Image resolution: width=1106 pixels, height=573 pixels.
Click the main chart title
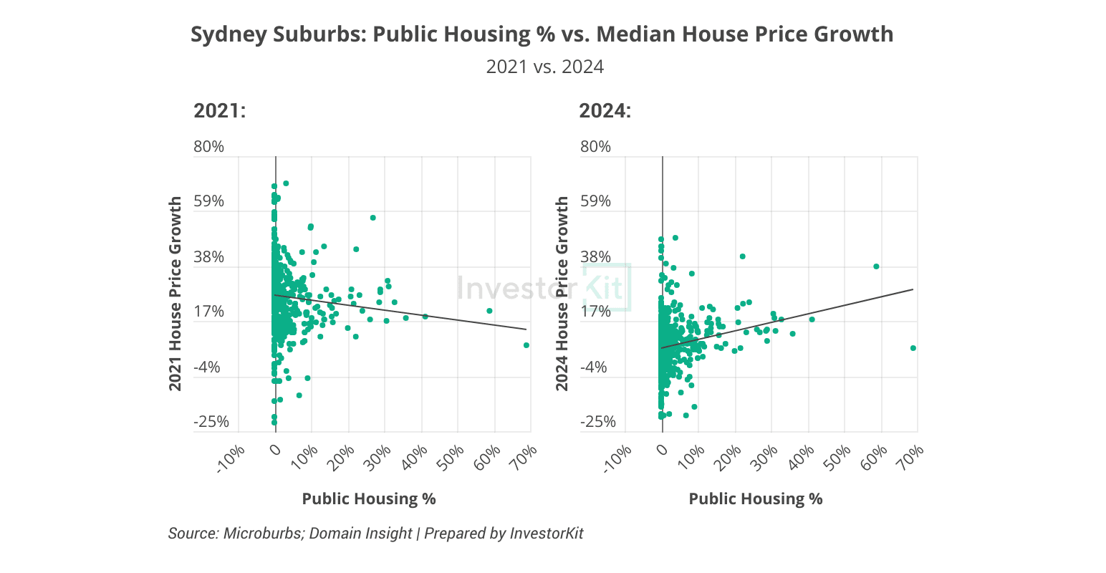[542, 34]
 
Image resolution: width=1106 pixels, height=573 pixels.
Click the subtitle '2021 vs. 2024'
[544, 67]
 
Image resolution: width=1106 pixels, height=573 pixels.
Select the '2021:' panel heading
[219, 112]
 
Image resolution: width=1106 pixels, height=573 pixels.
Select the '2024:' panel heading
[605, 112]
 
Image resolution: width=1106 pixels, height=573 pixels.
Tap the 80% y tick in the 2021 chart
[208, 147]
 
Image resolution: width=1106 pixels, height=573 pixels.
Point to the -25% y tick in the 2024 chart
[598, 422]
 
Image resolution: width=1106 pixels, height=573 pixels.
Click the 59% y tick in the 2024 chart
[595, 201]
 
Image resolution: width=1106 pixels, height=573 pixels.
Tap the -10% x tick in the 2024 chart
[618, 459]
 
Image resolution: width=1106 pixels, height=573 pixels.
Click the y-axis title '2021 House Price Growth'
[175, 294]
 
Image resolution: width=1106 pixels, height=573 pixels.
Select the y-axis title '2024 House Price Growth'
[562, 294]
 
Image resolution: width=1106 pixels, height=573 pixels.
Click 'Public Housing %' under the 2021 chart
[369, 499]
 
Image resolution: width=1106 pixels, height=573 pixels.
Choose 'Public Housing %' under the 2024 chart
[756, 499]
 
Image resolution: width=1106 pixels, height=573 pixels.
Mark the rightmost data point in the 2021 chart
[526, 345]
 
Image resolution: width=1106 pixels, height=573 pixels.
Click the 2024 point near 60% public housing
[876, 266]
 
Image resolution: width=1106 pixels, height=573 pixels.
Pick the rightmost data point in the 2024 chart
[913, 348]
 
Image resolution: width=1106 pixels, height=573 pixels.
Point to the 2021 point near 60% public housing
[489, 311]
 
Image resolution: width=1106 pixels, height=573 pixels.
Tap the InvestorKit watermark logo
[544, 288]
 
